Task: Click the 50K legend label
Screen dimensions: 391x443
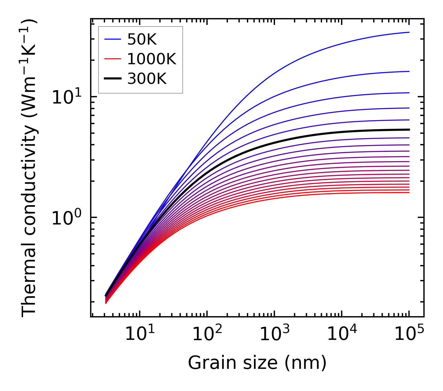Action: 142,39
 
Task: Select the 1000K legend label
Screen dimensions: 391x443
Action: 152,59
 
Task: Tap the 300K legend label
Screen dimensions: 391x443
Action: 147,79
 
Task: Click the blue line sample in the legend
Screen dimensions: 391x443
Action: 112,39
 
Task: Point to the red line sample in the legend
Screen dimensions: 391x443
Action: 112,59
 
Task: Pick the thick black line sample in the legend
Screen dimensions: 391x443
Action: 112,79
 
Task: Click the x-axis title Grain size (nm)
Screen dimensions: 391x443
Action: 257,363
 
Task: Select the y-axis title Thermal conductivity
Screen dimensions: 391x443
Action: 30,168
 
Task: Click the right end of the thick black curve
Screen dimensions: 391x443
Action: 409,129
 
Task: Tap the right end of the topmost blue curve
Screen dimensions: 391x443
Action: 409,32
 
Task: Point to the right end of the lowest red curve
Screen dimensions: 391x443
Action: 409,192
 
